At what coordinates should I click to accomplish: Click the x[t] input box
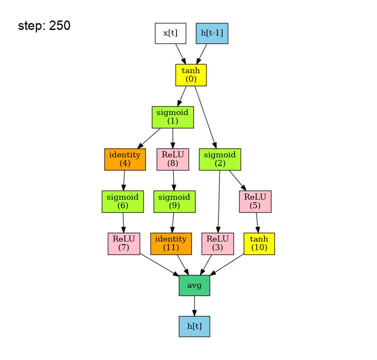click(170, 33)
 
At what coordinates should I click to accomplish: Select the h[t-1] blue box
click(212, 33)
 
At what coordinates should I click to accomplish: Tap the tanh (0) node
click(191, 75)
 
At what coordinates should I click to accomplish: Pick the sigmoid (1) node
click(172, 117)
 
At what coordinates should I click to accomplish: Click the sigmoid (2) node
click(220, 159)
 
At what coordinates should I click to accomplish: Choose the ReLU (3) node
click(217, 243)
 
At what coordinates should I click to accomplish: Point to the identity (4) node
click(125, 159)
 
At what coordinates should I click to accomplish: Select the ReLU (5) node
click(255, 201)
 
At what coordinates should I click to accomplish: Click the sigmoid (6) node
click(123, 201)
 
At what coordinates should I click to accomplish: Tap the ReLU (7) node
click(124, 243)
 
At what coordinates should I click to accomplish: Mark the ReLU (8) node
click(172, 159)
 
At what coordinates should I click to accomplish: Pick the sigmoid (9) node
click(174, 201)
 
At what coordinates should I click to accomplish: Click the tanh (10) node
click(259, 243)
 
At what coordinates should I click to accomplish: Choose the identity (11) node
click(171, 243)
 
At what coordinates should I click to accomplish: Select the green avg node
click(194, 285)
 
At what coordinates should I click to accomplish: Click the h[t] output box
click(194, 326)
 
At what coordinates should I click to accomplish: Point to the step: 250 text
click(44, 26)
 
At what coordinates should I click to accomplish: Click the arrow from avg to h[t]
click(194, 305)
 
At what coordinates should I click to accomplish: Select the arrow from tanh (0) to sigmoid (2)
click(205, 117)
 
